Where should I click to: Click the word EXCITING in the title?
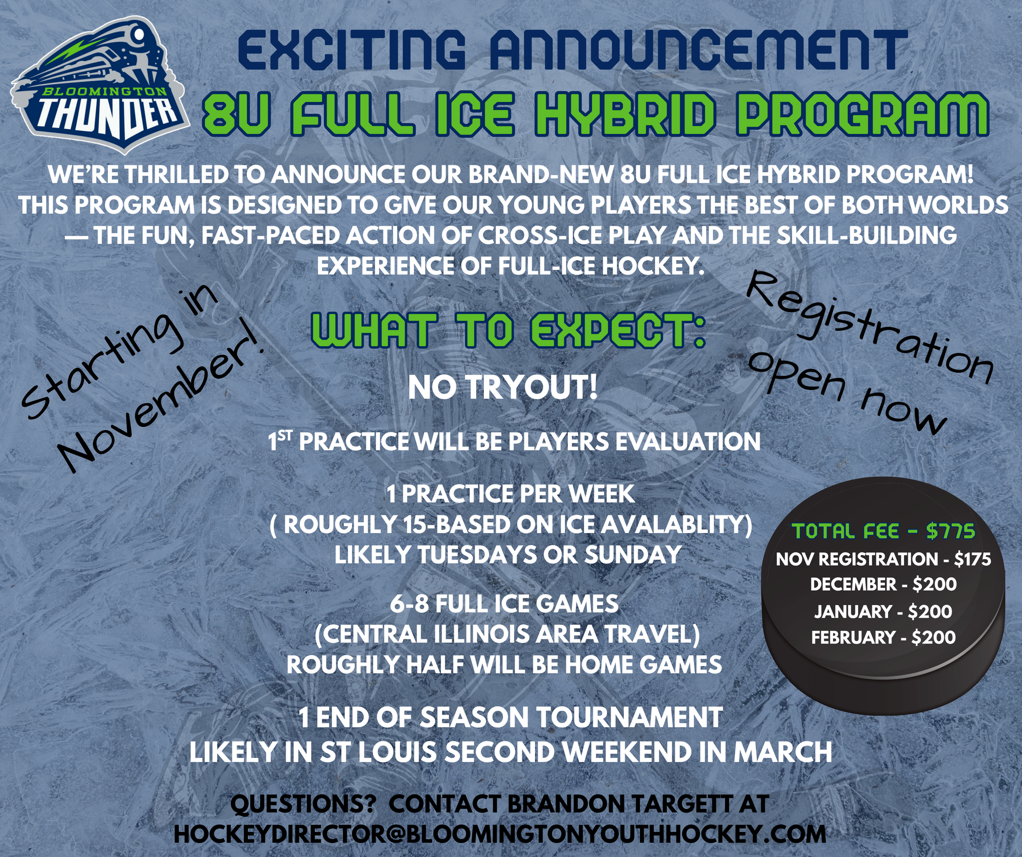coord(352,50)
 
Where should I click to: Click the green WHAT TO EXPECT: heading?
coord(509,331)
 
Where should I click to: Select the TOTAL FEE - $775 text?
coord(884,531)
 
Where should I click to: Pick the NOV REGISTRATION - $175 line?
coord(884,559)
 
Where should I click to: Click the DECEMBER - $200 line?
coord(884,584)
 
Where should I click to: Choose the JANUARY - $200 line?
coord(884,611)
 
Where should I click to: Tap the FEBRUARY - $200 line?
coord(884,637)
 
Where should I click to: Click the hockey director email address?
coord(500,834)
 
